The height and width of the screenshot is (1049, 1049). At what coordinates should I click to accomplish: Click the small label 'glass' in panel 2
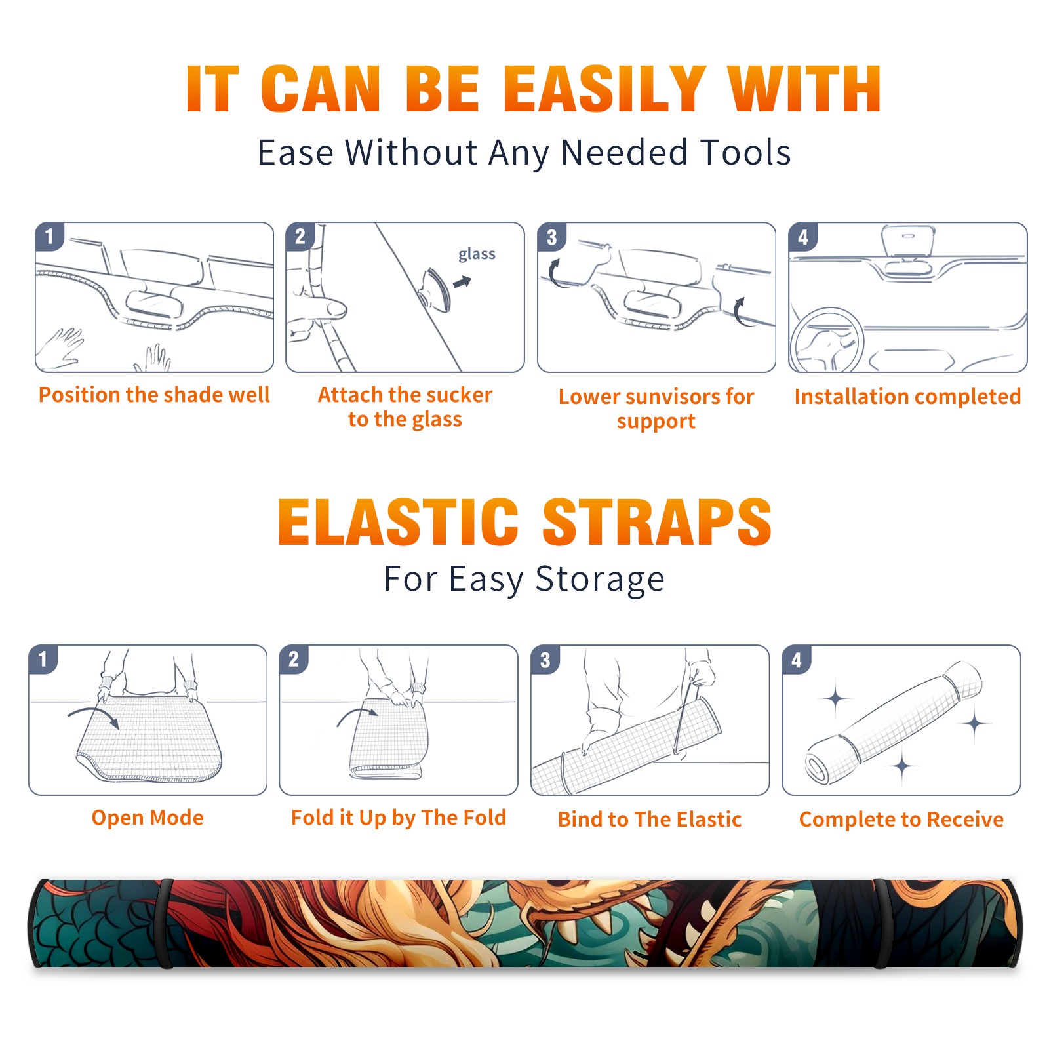477,254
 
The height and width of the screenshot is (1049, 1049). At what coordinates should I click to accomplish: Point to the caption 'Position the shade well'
154,395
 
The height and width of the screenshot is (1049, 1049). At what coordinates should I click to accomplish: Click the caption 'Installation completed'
907,397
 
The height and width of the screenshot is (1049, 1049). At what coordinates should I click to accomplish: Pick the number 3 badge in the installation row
551,237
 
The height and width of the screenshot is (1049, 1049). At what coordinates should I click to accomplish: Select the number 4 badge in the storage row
797,660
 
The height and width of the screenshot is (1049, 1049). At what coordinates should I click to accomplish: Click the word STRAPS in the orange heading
657,522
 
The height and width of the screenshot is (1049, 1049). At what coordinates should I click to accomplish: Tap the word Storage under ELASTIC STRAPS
600,580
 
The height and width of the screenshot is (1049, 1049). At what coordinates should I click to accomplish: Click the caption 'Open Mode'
148,818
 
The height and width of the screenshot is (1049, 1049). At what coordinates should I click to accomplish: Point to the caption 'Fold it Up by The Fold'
399,818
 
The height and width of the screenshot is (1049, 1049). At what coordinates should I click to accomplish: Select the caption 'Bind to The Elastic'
650,820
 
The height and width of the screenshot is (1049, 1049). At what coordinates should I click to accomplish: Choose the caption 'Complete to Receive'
901,820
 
